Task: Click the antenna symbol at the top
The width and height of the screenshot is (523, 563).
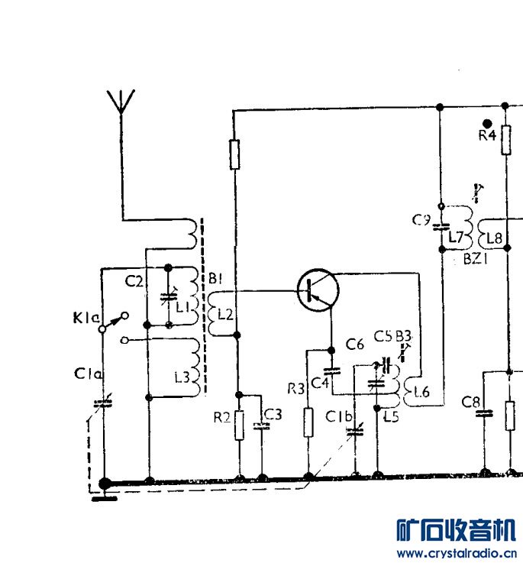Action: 121,102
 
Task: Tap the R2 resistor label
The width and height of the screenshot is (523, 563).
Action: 222,418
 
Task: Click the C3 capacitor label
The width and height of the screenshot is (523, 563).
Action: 273,415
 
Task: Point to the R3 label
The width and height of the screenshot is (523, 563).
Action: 295,389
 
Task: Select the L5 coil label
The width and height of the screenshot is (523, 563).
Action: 391,416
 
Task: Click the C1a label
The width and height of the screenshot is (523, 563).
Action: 86,374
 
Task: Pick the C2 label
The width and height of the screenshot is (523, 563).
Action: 134,281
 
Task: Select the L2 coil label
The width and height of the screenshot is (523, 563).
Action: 224,313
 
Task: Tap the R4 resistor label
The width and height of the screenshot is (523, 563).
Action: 487,135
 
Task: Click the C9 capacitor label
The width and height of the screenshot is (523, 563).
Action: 421,221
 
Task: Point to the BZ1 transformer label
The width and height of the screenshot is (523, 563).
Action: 476,258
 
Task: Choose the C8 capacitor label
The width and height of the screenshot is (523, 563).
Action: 471,402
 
